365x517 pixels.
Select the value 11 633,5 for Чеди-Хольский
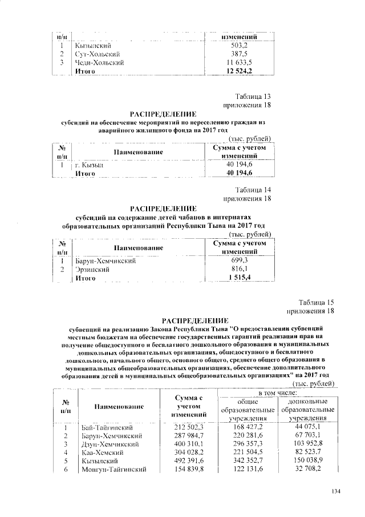(x=239, y=62)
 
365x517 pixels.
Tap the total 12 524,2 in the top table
(x=239, y=71)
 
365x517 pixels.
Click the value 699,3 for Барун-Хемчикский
(x=239, y=260)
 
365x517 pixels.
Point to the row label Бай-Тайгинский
(x=107, y=427)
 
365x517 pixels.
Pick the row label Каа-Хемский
(x=101, y=452)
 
